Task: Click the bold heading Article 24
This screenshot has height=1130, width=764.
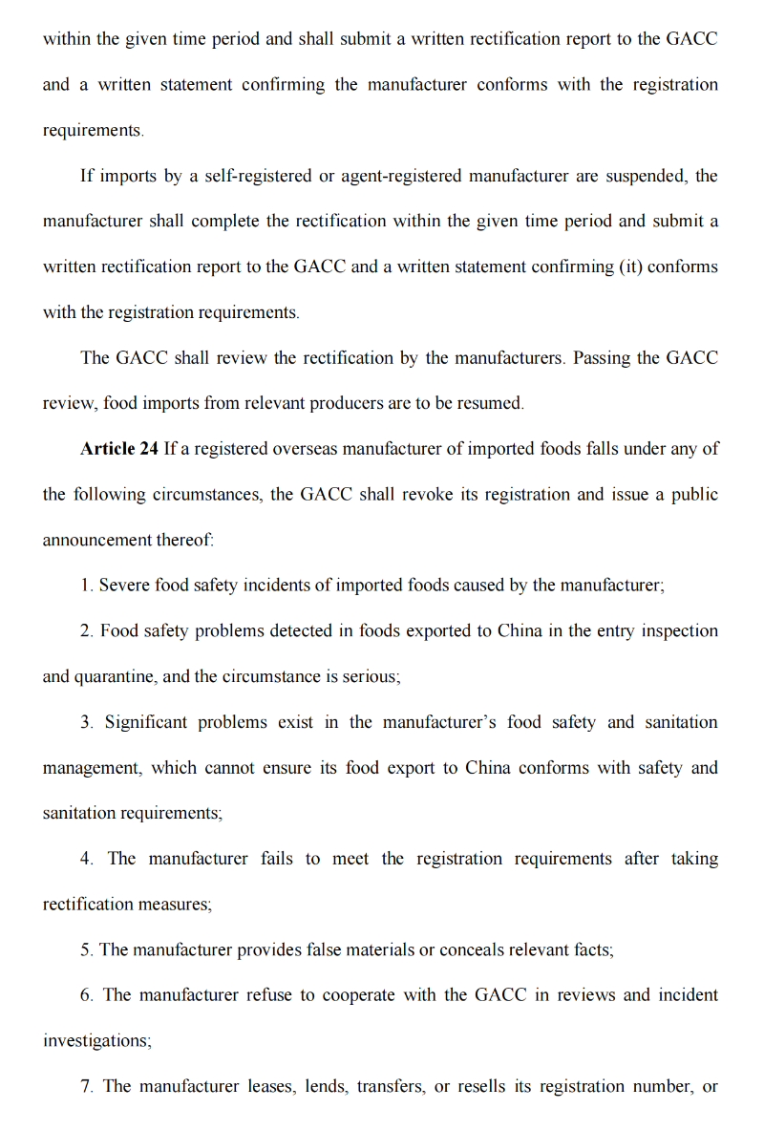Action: [x=119, y=449]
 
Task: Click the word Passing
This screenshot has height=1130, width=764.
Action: [x=602, y=358]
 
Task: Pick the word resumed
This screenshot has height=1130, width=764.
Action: [x=494, y=404]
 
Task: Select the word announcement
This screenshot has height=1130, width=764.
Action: [x=96, y=541]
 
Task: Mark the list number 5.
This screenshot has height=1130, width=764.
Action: [x=86, y=950]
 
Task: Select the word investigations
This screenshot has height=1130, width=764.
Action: [x=96, y=1041]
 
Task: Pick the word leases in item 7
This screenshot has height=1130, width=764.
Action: [x=271, y=1087]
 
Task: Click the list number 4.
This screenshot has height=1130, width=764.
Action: [x=86, y=859]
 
